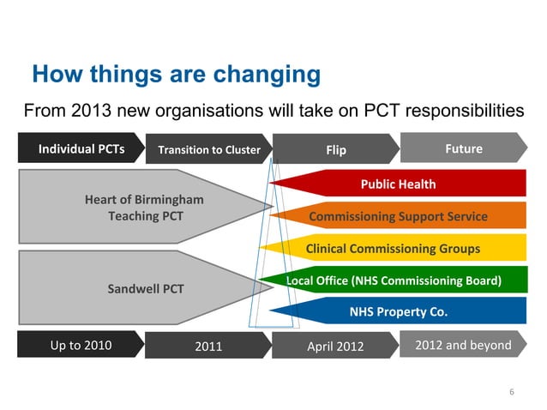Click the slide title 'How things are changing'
coord(176,75)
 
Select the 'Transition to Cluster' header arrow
coord(208,150)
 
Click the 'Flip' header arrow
coord(335,150)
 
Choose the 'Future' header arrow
coord(463,149)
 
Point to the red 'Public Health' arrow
coord(398,184)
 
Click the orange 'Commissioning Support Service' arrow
coord(398,216)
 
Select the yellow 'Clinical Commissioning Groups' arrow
coord(393,249)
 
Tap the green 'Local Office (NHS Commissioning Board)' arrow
coord(394,280)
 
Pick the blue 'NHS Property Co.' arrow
coord(398,311)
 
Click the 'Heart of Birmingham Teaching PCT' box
coord(142,208)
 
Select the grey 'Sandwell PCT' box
coord(142,288)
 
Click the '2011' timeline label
coord(208,347)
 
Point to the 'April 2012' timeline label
coord(335,347)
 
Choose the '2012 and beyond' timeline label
coord(463,345)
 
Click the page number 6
coord(512,393)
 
